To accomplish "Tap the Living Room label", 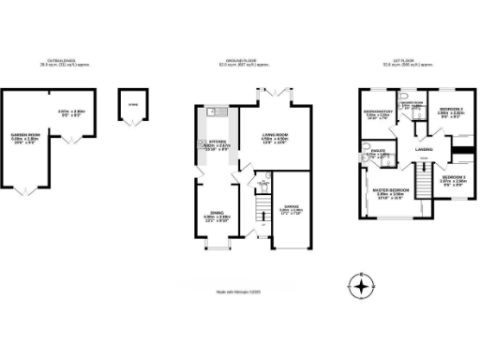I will click(x=275, y=137).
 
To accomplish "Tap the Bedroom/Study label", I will click(x=378, y=117).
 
